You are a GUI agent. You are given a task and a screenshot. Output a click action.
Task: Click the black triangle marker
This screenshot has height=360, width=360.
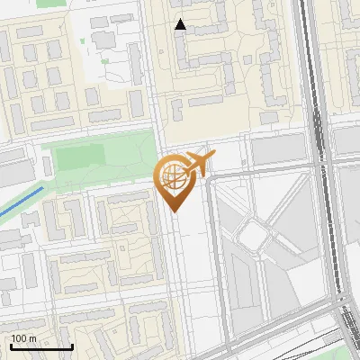181,25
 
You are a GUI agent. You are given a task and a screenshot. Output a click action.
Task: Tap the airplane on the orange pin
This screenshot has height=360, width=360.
198,163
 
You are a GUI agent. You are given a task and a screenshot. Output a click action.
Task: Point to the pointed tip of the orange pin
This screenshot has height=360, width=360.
173,211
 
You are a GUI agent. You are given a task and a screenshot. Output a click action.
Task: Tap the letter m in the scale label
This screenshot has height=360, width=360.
32,338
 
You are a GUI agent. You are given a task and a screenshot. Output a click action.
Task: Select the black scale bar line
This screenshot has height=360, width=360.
41,346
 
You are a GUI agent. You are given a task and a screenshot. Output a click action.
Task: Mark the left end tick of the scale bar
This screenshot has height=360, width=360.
11,345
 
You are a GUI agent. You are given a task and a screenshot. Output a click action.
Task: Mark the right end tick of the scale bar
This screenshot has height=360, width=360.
72,345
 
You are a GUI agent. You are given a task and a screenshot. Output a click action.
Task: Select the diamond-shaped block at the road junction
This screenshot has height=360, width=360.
256,236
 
